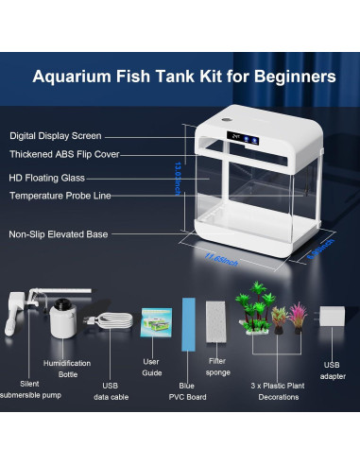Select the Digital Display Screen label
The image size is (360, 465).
56,136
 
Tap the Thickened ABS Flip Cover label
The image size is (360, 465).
63,154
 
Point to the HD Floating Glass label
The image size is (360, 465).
47,178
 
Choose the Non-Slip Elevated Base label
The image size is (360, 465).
59,233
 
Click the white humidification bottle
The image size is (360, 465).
63,322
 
